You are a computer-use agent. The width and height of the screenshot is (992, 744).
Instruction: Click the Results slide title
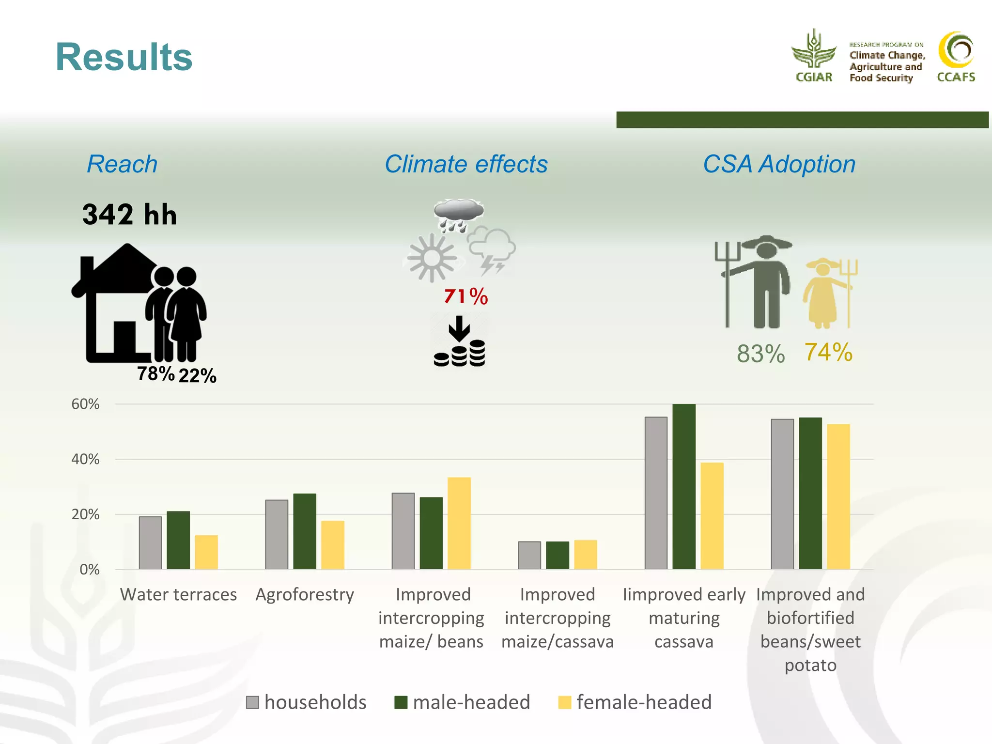[124, 57]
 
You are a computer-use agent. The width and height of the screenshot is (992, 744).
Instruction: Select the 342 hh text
[129, 215]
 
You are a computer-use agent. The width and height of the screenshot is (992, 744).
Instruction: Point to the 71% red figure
[465, 296]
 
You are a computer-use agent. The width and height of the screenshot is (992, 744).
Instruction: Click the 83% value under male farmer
[760, 354]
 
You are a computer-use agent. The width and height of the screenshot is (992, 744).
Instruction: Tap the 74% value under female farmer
[828, 352]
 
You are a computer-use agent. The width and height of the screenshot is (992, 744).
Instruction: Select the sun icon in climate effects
[432, 258]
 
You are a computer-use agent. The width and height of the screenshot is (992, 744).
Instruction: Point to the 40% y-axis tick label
[85, 459]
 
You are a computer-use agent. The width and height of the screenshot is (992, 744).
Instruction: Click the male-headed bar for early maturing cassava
[684, 486]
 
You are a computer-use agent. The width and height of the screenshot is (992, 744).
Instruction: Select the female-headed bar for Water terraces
[206, 552]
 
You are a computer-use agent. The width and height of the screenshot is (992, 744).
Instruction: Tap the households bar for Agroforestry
[277, 534]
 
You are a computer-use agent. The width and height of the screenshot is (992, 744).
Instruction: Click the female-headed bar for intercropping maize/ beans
[459, 523]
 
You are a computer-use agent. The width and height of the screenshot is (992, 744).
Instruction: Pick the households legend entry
[306, 702]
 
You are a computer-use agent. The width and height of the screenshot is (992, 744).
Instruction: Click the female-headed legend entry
[635, 702]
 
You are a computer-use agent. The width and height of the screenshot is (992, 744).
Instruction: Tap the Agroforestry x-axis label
[305, 594]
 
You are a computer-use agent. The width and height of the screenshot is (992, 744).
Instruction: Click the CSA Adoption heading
[779, 164]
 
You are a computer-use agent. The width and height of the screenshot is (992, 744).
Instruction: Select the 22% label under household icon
[197, 375]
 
